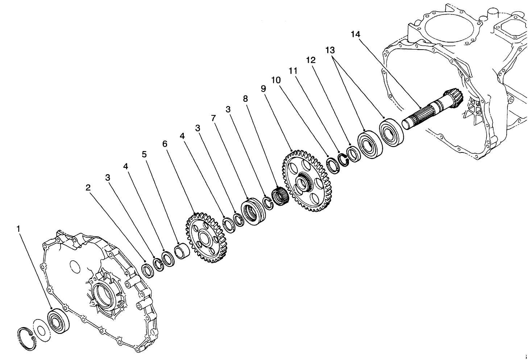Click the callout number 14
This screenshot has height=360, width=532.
356,34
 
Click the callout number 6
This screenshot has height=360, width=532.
165,144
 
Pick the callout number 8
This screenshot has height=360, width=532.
246,98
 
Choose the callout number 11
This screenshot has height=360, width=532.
293,71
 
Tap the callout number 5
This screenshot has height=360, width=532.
144,154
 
